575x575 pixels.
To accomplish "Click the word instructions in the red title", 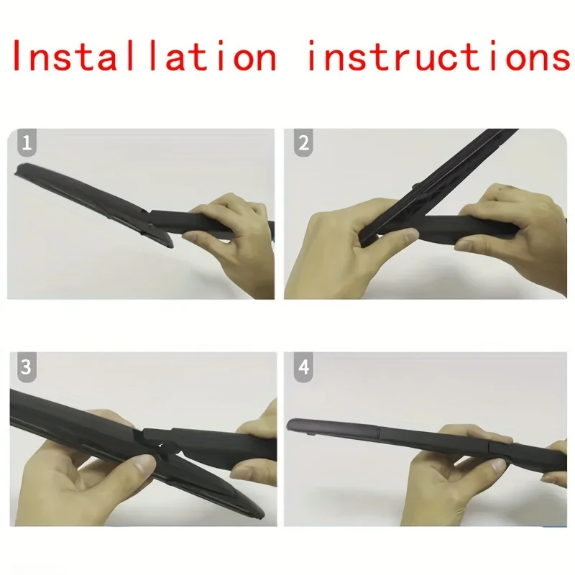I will pos(438,57).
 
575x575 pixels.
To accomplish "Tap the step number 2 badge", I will pos(303,143).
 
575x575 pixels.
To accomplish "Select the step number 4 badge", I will pos(303,368).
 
